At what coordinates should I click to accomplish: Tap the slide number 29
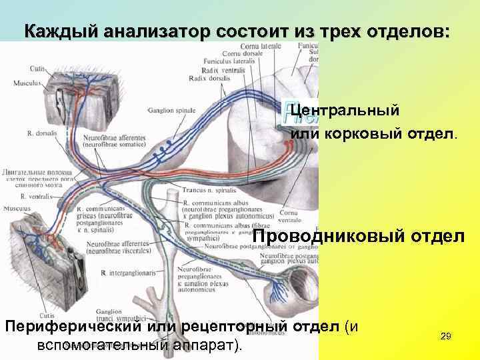[x=447, y=337]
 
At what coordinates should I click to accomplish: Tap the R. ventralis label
[x=33, y=197]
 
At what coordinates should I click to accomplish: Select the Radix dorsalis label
[x=207, y=79]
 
